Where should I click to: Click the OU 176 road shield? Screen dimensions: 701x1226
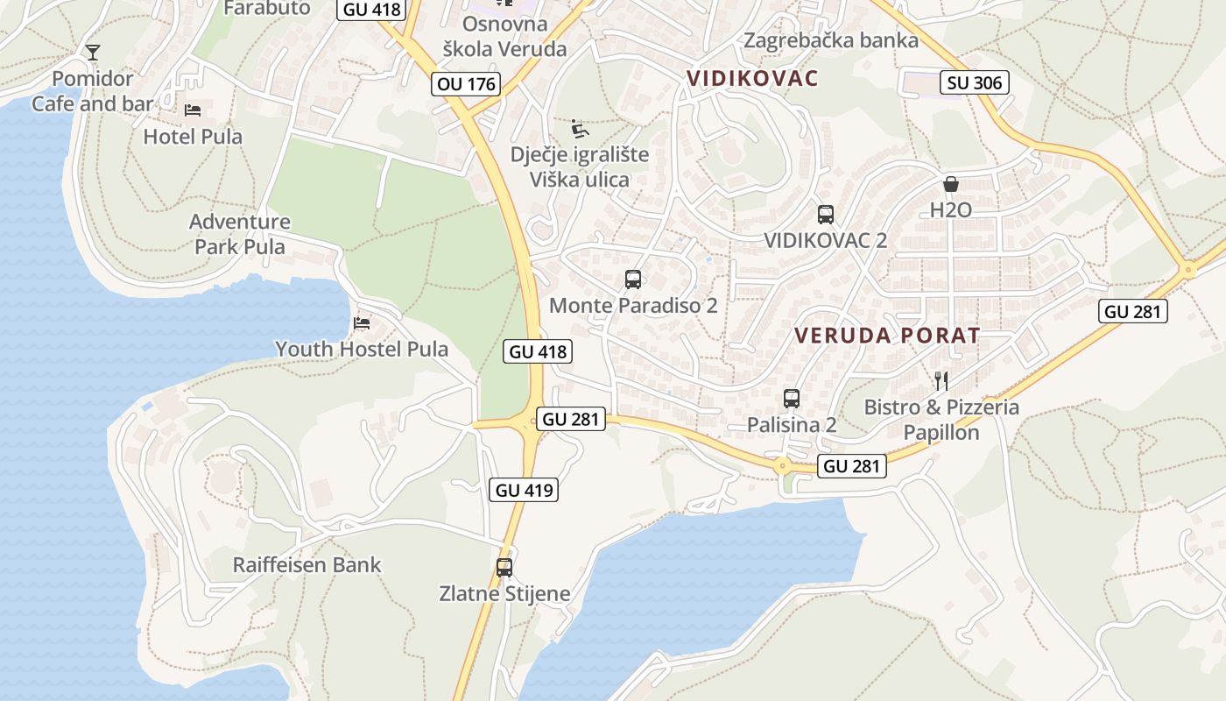point(466,84)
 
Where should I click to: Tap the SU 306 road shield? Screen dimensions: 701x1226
point(976,83)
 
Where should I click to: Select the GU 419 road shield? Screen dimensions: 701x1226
point(525,490)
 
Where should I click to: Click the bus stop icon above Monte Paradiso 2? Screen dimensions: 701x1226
point(632,280)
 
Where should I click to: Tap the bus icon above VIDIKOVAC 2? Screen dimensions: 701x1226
point(825,214)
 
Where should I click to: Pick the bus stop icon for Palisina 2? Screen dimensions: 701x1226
point(792,399)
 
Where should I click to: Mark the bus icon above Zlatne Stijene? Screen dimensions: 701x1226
point(504,567)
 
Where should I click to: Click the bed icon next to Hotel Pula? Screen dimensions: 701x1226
point(193,110)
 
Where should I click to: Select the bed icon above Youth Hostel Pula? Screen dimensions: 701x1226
point(361,323)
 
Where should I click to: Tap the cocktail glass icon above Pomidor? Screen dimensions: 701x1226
point(93,53)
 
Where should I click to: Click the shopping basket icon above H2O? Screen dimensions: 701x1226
point(951,184)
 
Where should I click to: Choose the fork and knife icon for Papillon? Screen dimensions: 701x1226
point(941,380)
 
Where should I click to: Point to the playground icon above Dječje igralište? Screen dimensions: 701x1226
point(580,129)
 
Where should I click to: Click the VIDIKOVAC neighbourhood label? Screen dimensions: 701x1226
point(753,78)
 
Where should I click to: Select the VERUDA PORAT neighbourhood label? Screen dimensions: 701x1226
point(887,335)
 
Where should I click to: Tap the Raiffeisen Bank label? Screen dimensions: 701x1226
point(306,565)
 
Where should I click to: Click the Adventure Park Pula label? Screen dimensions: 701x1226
point(240,234)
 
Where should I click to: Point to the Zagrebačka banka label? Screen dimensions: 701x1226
point(831,40)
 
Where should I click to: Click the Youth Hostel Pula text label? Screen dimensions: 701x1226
point(362,349)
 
